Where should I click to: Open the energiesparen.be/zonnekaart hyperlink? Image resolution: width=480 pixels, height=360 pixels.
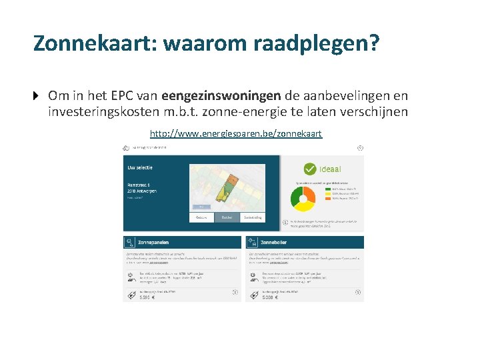coord(236,134)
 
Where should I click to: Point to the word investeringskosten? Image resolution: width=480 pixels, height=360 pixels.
coord(107,111)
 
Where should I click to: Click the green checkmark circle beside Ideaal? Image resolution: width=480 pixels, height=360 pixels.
coord(309,169)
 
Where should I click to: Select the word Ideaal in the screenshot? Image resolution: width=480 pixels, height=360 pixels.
coord(331,169)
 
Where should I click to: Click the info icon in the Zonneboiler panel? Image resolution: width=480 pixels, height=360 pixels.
coord(358,291)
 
